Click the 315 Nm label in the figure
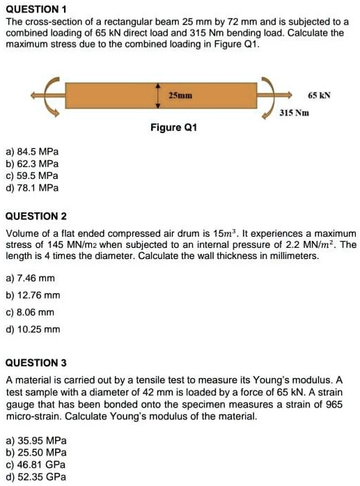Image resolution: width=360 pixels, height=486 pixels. click(293, 112)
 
